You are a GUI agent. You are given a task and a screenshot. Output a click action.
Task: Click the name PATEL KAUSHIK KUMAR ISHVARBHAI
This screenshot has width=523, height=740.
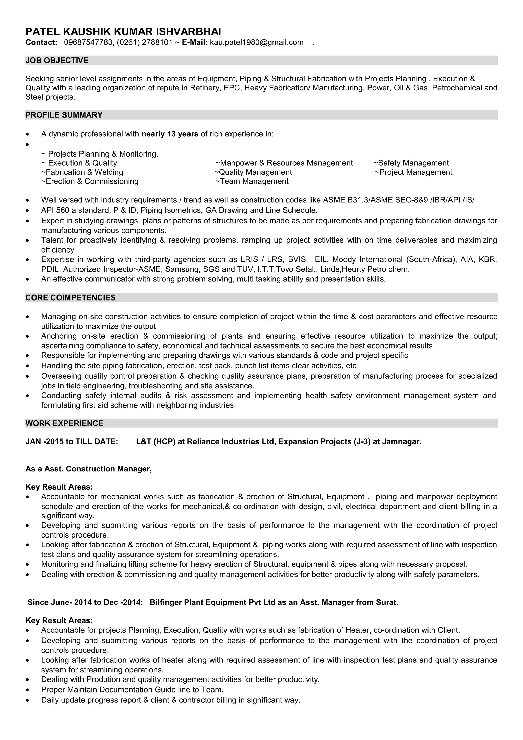(x=123, y=32)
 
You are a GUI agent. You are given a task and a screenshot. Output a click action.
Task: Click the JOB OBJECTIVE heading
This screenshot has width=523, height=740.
(x=57, y=61)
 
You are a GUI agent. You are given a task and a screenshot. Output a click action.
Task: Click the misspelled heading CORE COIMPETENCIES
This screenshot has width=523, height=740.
(x=70, y=297)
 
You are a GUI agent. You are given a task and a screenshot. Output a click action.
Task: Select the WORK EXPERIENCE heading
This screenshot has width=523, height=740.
(x=64, y=423)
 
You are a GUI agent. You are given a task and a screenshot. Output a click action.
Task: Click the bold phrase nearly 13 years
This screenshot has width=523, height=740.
(x=170, y=134)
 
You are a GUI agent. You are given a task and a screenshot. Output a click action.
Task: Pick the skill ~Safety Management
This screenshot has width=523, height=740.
(x=411, y=163)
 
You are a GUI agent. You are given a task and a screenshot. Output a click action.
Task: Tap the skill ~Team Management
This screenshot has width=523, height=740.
(x=252, y=181)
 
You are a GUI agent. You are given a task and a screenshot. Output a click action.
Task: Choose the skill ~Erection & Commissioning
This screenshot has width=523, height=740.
(x=90, y=181)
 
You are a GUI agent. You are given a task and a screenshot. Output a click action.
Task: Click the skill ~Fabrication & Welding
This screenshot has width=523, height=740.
(x=82, y=172)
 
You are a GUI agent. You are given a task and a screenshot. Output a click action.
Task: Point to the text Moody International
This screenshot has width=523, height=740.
(x=368, y=259)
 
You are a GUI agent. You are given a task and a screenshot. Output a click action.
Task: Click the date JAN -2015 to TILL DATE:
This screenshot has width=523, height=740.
(x=72, y=441)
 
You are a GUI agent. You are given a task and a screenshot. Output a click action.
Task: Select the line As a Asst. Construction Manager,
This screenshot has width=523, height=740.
(x=88, y=469)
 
